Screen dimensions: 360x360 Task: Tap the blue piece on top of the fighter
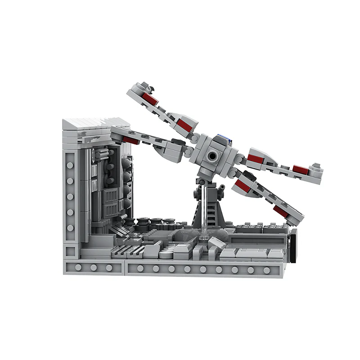coord(221,138)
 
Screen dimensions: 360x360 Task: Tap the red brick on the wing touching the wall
coord(130,140)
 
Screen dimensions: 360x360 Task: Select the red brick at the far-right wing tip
coord(300,170)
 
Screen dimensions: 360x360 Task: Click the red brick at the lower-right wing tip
coord(281,210)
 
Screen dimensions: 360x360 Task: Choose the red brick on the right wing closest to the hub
coord(255,158)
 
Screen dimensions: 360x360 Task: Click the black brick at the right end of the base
coord(293,245)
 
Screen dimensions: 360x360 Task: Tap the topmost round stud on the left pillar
coord(70,165)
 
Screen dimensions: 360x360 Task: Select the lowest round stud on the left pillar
coord(70,228)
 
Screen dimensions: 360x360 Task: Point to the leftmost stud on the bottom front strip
coord(78,268)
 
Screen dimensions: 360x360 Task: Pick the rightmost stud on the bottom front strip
coord(266,270)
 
